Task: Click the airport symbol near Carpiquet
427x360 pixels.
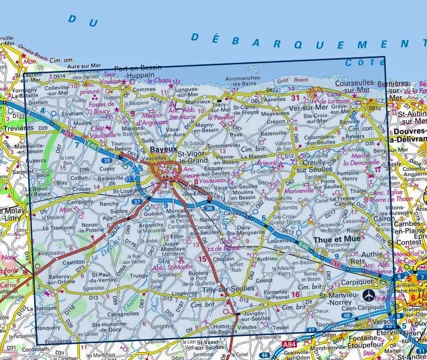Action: [x=368, y=294]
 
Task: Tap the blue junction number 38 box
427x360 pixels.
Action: [x=106, y=160]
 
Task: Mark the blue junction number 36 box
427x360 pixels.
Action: [x=209, y=208]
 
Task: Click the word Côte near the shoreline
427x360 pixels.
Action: [x=358, y=62]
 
